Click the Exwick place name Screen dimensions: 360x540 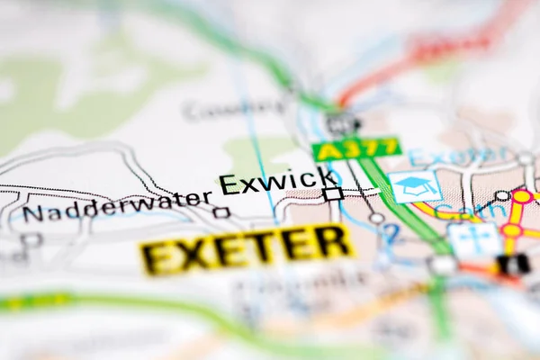tap(278, 182)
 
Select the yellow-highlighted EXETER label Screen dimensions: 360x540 tap(247, 247)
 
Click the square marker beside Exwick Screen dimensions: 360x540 tap(333, 193)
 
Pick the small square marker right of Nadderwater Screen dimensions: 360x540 tap(221, 212)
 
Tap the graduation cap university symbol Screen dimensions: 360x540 tap(414, 186)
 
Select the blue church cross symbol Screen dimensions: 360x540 tap(473, 239)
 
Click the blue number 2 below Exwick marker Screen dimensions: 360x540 tap(390, 233)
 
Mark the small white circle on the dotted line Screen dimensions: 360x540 tap(375, 218)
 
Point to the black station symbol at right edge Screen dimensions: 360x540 tap(514, 264)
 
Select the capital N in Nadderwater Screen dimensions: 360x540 tap(33, 214)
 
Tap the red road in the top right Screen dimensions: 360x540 tap(423, 54)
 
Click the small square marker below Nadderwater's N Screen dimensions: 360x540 tap(32, 239)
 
